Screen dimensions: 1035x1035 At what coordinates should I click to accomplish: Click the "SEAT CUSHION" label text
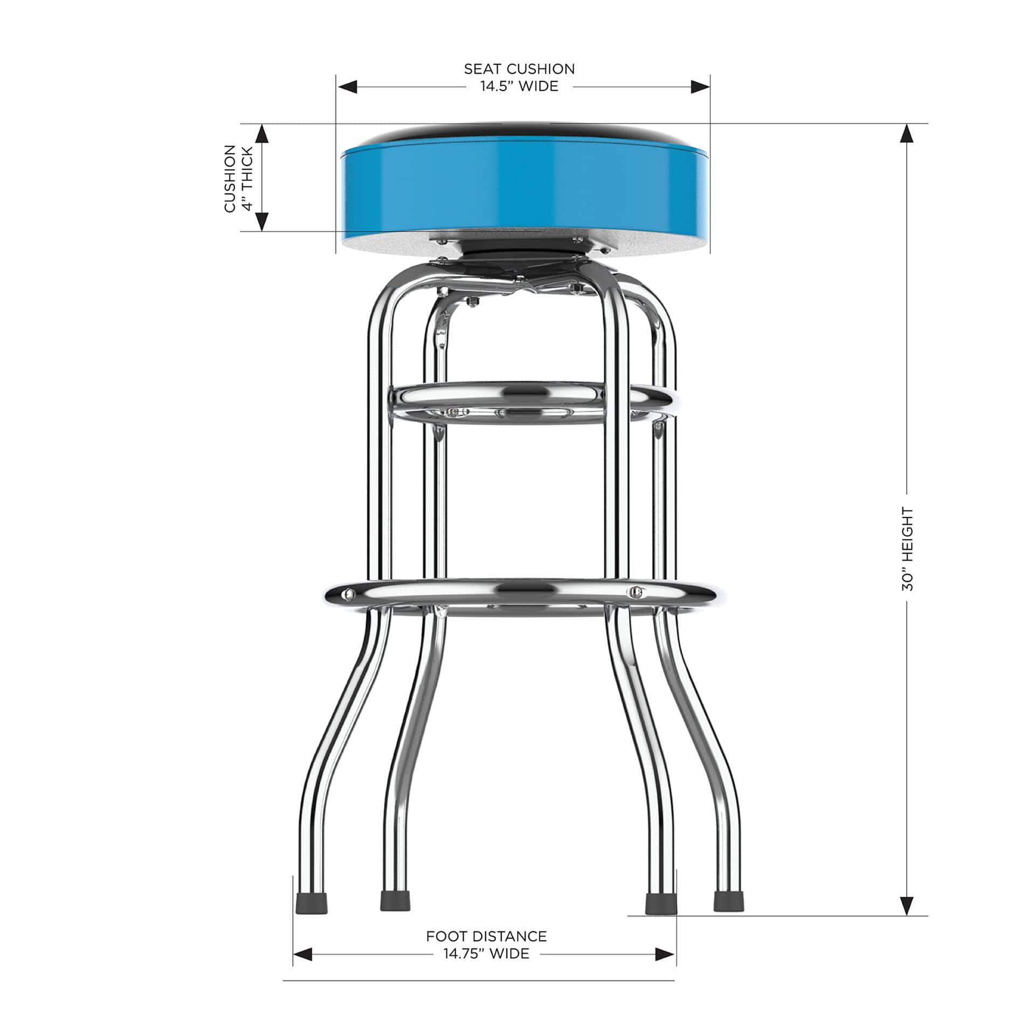519,69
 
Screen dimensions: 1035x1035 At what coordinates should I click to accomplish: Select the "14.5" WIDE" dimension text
519,87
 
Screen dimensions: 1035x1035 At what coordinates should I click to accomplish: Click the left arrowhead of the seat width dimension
348,87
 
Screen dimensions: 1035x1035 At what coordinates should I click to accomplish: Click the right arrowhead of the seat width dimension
700,87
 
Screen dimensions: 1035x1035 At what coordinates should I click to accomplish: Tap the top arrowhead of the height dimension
907,133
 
